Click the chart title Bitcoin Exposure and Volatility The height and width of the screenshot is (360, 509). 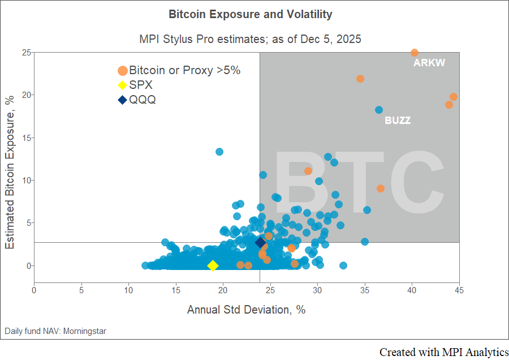(251, 14)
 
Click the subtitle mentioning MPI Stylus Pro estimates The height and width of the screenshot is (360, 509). (250, 39)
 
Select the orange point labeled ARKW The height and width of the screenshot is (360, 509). (414, 53)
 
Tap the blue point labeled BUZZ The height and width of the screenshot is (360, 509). (379, 110)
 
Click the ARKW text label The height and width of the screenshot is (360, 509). (429, 63)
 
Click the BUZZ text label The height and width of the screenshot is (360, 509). (398, 121)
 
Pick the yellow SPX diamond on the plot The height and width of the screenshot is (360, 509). (213, 265)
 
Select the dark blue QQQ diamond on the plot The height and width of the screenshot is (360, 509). (260, 242)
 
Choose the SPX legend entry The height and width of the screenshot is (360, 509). (141, 85)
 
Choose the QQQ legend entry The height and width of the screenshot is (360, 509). (142, 100)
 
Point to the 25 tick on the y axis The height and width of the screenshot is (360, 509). (26, 53)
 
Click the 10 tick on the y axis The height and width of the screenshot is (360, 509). (26, 181)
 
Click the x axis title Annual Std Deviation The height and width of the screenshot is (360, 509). (246, 310)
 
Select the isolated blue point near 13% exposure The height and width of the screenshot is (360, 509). (219, 152)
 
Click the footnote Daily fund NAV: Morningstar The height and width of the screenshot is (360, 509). (55, 331)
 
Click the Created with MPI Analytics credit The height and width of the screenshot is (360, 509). (443, 352)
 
